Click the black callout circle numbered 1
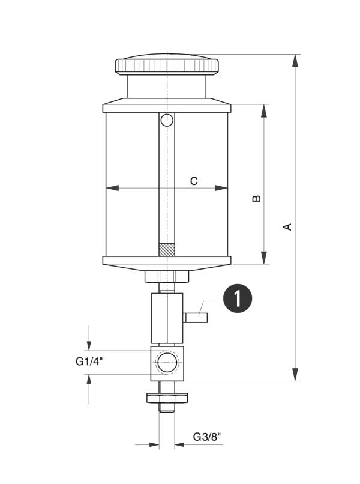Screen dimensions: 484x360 coord(238,298)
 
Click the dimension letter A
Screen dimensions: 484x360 coord(287,226)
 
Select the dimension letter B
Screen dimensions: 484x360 coord(256,198)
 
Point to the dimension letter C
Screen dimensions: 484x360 coord(194,180)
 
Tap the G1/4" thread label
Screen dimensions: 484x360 coord(90,361)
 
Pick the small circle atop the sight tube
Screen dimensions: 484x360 coord(166,120)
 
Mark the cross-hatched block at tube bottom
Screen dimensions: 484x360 coord(166,247)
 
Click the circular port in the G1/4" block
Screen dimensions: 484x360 coord(166,362)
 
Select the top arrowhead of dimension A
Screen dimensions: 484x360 coord(295,61)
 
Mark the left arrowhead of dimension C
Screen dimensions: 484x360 coord(112,188)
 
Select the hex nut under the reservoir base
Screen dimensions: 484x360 coord(166,277)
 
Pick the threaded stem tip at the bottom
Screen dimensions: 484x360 coord(166,408)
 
